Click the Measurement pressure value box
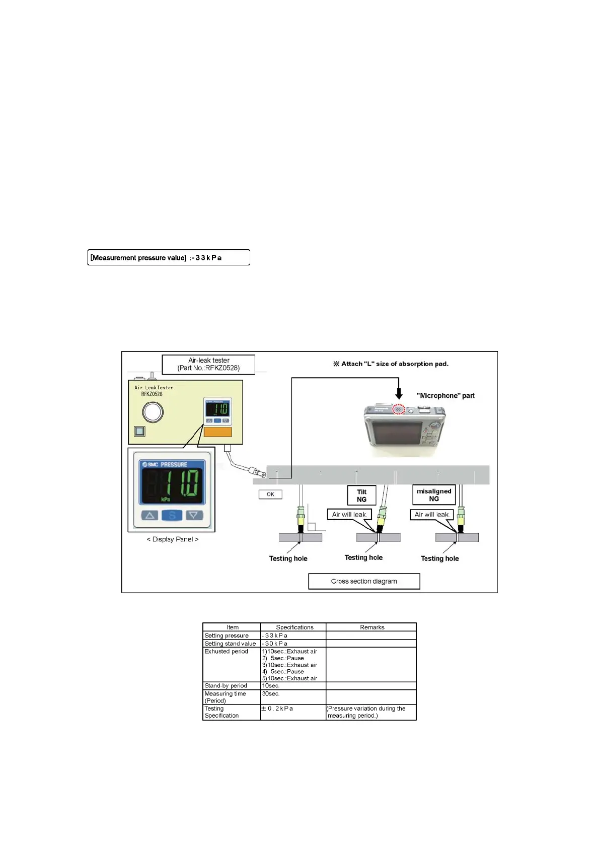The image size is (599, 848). point(168,257)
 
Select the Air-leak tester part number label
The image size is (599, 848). point(208,364)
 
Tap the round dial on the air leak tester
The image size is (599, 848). point(153,412)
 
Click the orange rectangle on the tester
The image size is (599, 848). point(217,432)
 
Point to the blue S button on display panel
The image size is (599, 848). point(172,515)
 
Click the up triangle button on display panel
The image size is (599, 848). point(149,515)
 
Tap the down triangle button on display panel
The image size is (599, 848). point(194,515)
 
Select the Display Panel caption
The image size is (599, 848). point(172,539)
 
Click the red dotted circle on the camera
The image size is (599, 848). point(399,409)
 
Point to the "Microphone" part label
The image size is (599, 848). point(445,396)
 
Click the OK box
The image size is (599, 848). point(270,494)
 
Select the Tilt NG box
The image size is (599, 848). point(361,496)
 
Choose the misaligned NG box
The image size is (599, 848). point(434,494)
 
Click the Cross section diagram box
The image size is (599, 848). point(364,581)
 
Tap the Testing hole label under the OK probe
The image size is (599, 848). point(288,558)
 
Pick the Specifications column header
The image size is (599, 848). point(294,627)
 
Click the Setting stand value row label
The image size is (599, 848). point(230,644)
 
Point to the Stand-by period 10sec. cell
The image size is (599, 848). point(270,685)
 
